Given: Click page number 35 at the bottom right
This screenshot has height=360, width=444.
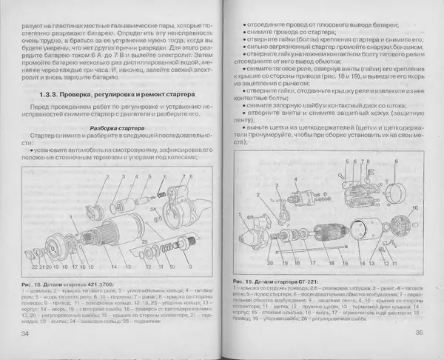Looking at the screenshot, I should click(x=415, y=338).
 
